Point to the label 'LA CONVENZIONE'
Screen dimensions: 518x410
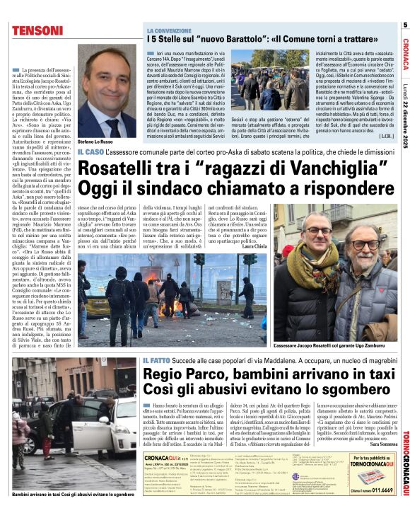169,31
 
